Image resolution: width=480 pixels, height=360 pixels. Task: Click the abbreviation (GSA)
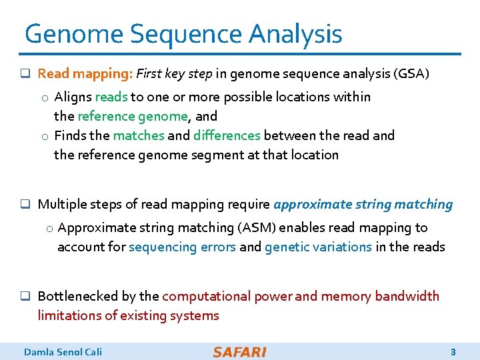[413, 74]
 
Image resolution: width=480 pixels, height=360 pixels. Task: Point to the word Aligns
[73, 97]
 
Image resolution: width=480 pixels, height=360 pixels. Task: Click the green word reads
[111, 97]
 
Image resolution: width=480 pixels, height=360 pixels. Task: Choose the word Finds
[70, 136]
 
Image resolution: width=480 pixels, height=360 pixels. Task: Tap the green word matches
[138, 136]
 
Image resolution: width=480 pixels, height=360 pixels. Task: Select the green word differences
[227, 136]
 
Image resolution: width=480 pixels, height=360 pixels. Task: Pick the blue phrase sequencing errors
[182, 247]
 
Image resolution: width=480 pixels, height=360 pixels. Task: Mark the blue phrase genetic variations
[318, 247]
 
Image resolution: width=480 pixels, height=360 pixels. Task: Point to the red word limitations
[69, 315]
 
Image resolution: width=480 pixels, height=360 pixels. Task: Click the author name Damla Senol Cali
[63, 351]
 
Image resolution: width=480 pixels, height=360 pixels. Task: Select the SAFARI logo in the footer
[239, 351]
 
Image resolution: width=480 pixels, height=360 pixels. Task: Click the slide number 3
[453, 351]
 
